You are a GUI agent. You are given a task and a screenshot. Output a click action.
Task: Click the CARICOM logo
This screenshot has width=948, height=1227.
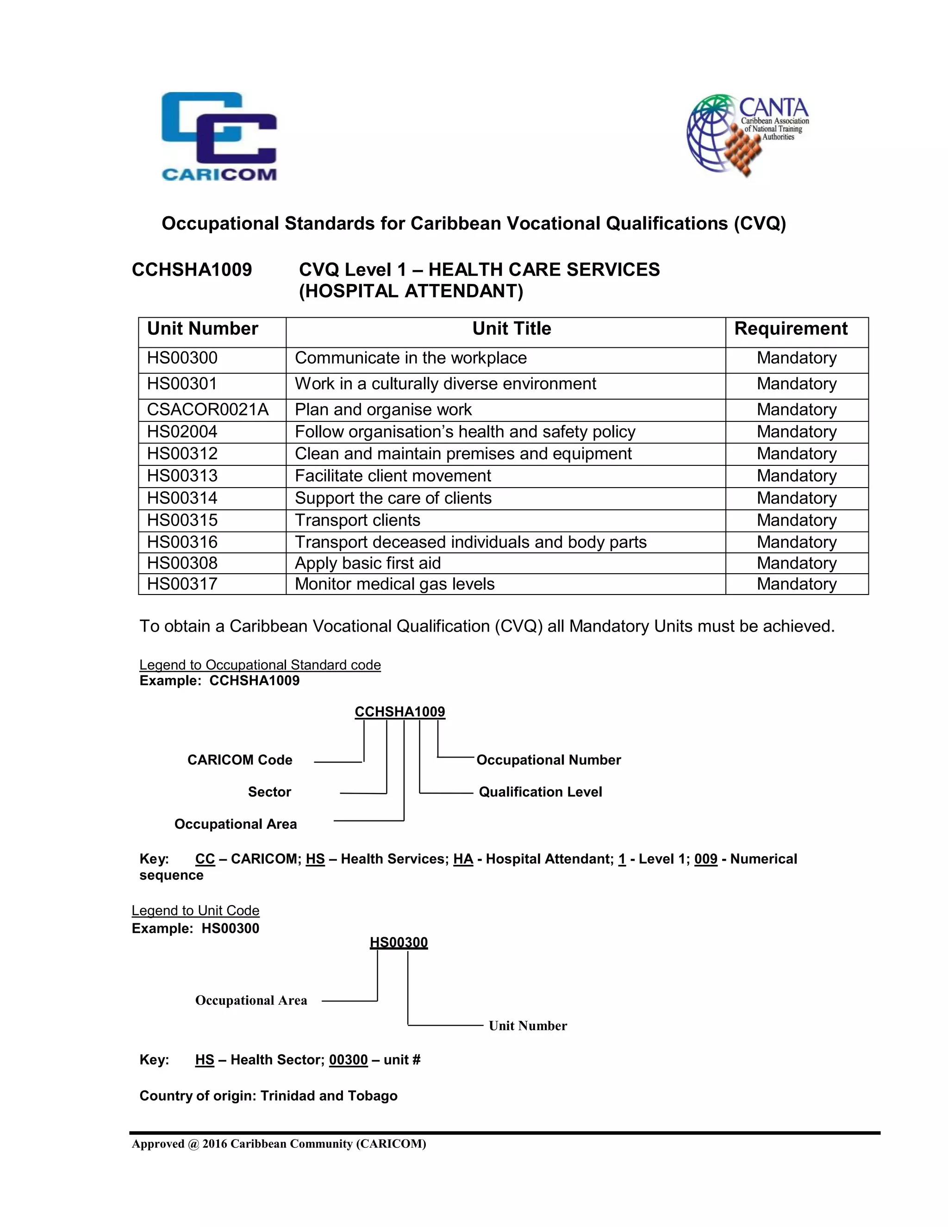(x=219, y=137)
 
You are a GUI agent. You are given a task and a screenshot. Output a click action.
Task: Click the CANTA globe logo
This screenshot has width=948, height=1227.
(x=747, y=135)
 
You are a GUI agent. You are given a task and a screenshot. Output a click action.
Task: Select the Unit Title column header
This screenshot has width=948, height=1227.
(x=511, y=329)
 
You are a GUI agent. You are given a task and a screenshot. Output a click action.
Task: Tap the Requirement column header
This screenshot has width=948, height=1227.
(x=791, y=329)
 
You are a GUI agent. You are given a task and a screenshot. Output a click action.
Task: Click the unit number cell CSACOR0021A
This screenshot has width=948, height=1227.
(x=208, y=410)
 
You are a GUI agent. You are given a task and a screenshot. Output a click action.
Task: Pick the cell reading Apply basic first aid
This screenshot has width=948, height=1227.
(x=368, y=563)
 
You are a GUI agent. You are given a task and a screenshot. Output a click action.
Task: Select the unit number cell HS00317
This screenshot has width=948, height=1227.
(x=182, y=584)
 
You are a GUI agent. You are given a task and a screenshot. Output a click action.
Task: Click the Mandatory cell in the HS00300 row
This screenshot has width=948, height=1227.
(x=796, y=358)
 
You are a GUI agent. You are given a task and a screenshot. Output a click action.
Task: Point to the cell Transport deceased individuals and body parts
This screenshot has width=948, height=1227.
(x=471, y=542)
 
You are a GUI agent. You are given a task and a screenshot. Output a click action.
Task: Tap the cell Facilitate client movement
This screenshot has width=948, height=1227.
(x=393, y=476)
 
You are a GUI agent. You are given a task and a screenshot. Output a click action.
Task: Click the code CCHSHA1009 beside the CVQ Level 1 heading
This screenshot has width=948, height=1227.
(x=192, y=269)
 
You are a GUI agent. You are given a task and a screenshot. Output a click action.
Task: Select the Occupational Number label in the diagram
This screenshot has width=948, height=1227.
(x=548, y=759)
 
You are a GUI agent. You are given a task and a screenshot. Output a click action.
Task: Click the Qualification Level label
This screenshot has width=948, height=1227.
(x=540, y=792)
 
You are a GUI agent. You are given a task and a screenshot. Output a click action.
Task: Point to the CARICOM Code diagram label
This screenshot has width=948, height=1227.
(x=240, y=759)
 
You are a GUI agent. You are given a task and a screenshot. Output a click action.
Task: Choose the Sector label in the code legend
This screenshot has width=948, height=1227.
(x=269, y=792)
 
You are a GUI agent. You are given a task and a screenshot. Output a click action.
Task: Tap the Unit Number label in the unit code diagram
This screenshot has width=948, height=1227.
(x=527, y=1026)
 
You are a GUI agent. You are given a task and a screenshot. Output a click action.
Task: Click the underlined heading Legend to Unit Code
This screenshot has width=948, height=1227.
(x=195, y=910)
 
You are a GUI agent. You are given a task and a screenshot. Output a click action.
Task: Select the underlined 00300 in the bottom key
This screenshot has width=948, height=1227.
(x=348, y=1059)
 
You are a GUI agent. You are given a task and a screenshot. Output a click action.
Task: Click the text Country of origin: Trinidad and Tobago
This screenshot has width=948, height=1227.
(x=268, y=1096)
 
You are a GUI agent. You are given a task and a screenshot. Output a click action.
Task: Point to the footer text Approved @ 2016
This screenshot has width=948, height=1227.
(x=279, y=1144)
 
